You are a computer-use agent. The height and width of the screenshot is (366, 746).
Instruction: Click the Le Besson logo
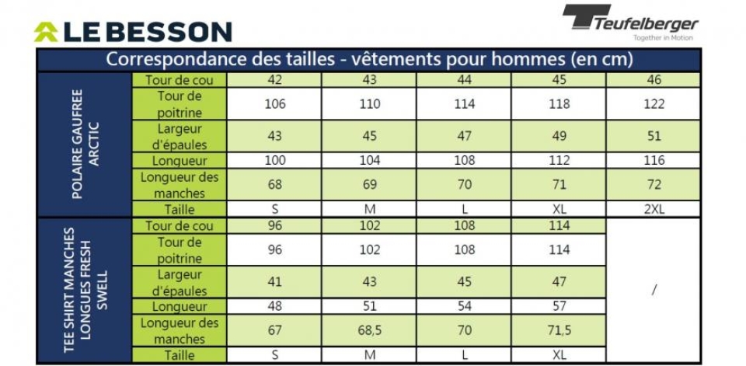point(133,32)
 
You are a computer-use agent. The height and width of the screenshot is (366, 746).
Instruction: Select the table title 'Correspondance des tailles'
point(369,60)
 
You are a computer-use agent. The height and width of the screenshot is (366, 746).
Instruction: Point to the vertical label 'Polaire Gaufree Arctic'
point(85,145)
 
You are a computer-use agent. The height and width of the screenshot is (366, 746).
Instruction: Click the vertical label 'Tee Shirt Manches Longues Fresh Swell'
point(85,291)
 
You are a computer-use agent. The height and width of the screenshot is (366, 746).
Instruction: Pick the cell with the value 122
point(654,104)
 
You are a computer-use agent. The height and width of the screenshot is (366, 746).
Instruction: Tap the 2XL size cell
point(654,209)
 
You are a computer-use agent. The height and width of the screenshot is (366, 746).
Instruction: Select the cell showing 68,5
point(369,331)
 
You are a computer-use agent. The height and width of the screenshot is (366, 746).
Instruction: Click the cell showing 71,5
point(559,331)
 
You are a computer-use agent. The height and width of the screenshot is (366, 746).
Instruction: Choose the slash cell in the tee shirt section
point(654,290)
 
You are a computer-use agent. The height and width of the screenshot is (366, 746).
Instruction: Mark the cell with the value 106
point(275,104)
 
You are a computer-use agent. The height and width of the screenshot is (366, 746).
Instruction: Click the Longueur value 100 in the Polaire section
point(275,160)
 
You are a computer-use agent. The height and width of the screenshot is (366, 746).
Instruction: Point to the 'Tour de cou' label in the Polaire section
point(180,80)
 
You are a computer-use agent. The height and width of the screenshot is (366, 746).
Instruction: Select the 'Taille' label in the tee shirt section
point(180,355)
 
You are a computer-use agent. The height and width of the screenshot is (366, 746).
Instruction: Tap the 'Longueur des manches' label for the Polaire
point(180,185)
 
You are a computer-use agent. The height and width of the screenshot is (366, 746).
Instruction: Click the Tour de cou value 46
point(654,80)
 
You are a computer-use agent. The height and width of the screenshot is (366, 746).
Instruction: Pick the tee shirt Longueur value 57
point(559,306)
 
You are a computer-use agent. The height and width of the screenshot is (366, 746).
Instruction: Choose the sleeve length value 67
point(275,331)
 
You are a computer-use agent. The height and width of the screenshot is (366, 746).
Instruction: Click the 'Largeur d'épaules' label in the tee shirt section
point(180,282)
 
